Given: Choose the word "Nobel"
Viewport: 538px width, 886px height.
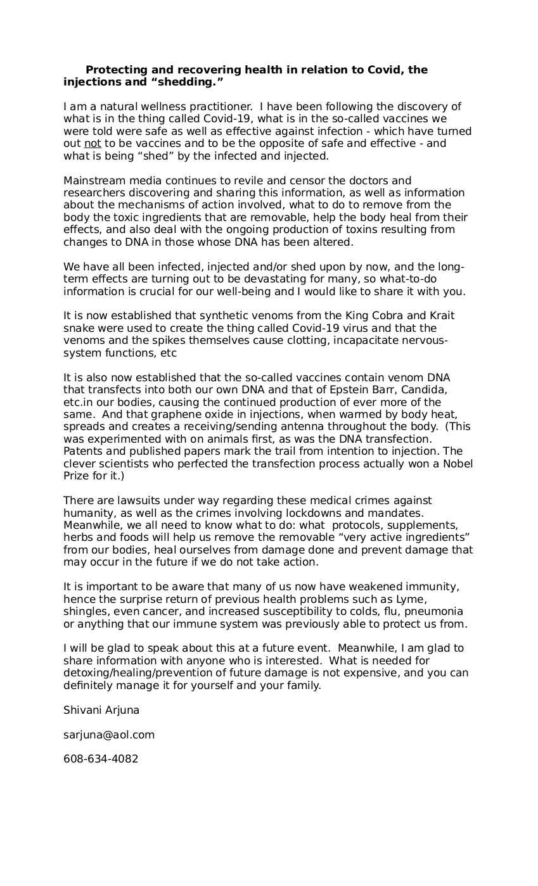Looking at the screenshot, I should point(457,464).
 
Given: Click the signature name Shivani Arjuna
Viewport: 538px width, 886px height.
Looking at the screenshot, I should point(101,711).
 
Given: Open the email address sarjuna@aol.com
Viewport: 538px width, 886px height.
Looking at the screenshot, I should point(109,735).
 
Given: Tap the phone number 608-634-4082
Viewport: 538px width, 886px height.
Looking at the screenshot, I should point(101,759).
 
